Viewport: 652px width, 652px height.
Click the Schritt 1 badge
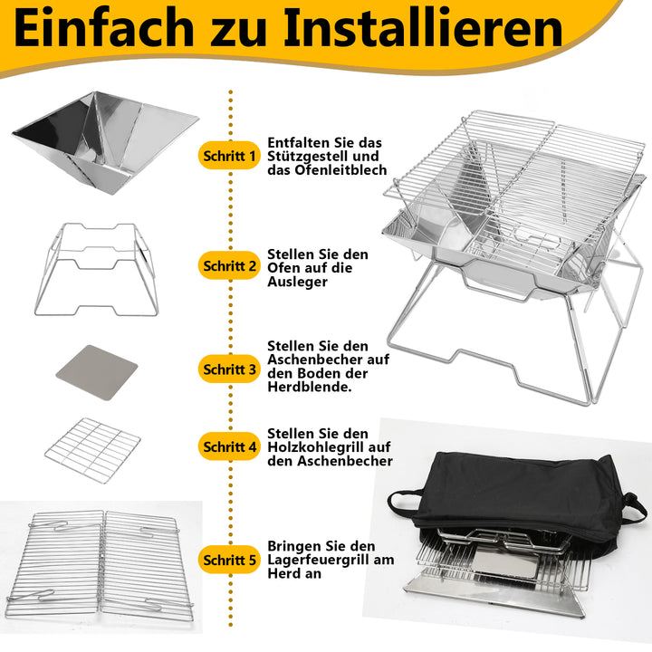[x=228, y=156]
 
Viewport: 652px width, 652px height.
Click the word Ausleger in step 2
[x=298, y=281]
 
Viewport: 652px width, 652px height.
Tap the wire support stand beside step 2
[x=100, y=268]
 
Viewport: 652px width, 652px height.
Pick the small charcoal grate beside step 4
[x=93, y=448]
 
